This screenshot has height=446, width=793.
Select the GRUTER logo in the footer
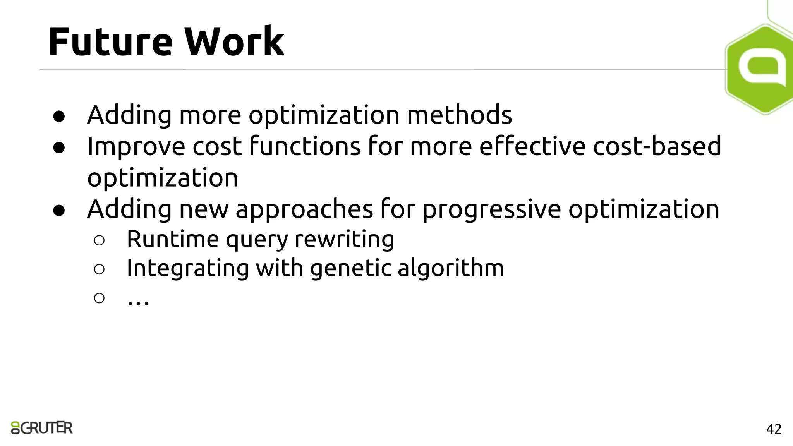click(42, 427)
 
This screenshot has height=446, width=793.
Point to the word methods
click(459, 115)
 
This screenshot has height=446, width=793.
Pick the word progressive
click(491, 209)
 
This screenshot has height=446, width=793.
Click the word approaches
click(304, 209)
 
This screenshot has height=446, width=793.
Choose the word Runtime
click(173, 239)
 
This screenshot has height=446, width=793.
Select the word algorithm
click(451, 268)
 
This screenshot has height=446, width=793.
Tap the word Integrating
click(188, 268)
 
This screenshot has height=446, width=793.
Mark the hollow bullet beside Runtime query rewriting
click(99, 240)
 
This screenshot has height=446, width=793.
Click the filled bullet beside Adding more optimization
click(59, 116)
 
